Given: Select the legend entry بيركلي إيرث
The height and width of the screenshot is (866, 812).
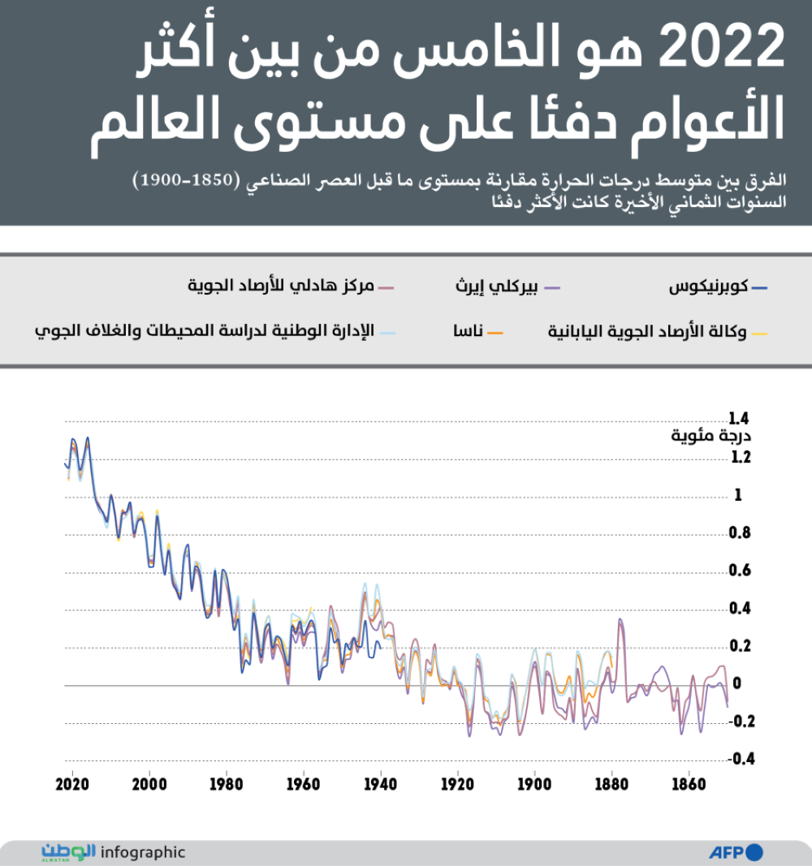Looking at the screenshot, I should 499,287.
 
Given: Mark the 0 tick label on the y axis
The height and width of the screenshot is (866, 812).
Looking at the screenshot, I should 737,683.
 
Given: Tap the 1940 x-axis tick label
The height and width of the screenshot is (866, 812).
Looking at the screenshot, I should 380,786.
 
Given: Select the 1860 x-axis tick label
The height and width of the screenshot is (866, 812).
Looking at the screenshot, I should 689,786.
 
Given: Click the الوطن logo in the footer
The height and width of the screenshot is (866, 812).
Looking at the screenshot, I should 68,851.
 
